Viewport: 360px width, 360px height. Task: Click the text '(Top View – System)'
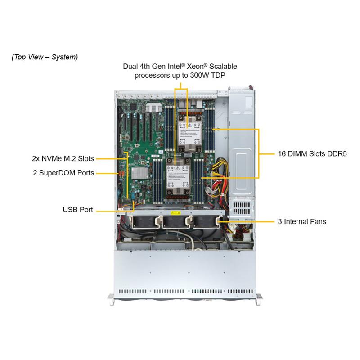45,57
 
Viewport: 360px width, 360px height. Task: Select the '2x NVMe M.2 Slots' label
63,158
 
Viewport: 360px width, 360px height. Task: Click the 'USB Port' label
78,210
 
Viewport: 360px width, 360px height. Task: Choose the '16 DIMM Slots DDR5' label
309,153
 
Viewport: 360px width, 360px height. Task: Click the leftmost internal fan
144,224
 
